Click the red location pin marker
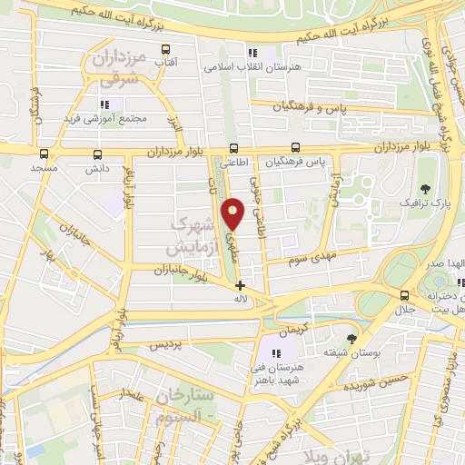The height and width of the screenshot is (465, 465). (x=233, y=215)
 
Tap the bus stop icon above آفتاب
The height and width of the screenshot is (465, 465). (x=164, y=49)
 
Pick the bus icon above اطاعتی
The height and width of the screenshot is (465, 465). (x=234, y=148)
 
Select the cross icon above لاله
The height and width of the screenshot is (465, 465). (x=240, y=284)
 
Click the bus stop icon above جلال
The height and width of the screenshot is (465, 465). (x=405, y=295)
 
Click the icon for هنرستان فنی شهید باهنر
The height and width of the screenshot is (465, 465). (x=276, y=352)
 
